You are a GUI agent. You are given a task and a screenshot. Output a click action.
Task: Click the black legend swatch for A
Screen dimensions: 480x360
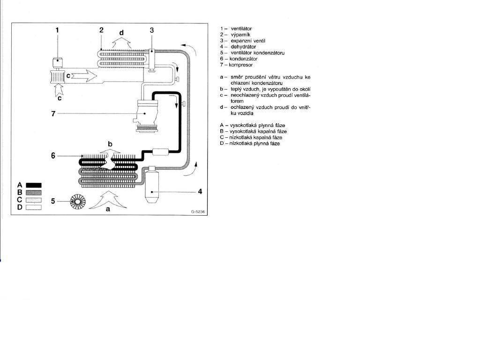pyautogui.click(x=34, y=185)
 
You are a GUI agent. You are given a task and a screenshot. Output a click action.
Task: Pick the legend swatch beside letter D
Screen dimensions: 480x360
pyautogui.click(x=34, y=207)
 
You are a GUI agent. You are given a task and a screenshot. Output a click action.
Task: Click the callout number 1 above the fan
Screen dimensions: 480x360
pyautogui.click(x=57, y=30)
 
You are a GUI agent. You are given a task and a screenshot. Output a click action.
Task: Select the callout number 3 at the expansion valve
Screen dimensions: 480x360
pyautogui.click(x=152, y=30)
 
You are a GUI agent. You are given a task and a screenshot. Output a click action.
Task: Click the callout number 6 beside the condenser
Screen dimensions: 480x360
pyautogui.click(x=53, y=156)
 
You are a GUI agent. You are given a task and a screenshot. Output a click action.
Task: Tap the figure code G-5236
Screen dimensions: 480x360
pyautogui.click(x=198, y=211)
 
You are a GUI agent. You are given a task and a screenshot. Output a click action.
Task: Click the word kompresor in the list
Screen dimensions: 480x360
pyautogui.click(x=240, y=65)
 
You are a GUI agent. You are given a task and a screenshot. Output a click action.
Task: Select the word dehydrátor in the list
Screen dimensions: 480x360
pyautogui.click(x=243, y=47)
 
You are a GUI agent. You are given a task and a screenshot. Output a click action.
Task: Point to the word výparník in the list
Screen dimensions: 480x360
pyautogui.click(x=240, y=35)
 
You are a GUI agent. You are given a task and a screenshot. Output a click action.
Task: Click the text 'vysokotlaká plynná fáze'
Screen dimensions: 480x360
pyautogui.click(x=257, y=125)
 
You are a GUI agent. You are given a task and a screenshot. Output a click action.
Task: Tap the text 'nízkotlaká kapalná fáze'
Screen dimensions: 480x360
pyautogui.click(x=255, y=137)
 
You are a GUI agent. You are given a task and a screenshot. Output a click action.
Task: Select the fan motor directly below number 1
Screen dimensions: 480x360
pyautogui.click(x=57, y=63)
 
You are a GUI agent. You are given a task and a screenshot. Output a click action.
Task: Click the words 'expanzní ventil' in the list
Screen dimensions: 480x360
pyautogui.click(x=248, y=41)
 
